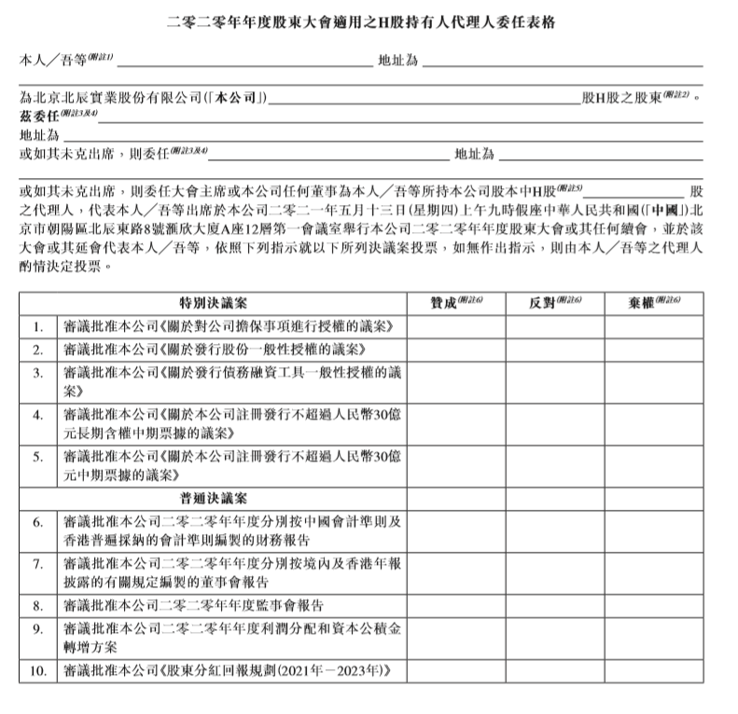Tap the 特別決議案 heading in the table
(214, 303)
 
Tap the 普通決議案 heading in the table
(214, 499)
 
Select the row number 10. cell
(38, 671)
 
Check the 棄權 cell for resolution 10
(654, 671)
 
